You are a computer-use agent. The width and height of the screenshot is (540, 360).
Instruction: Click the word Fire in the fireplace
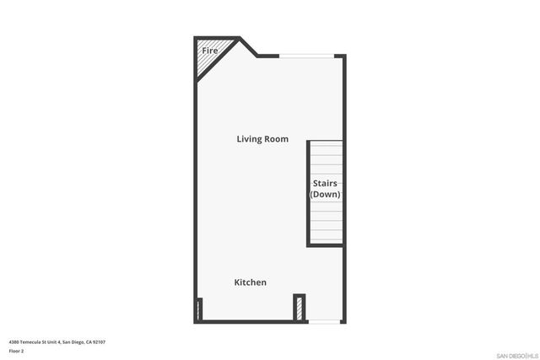[x=209, y=51]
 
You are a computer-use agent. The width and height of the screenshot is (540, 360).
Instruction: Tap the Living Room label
[x=262, y=139]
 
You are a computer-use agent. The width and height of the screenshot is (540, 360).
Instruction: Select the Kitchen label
[x=250, y=282]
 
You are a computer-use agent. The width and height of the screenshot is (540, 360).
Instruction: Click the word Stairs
[x=326, y=183]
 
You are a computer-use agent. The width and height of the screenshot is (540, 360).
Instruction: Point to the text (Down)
[x=325, y=195]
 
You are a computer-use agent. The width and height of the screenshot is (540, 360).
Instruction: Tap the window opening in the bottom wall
[x=324, y=320]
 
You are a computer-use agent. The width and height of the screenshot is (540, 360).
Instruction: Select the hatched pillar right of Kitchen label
[x=299, y=308]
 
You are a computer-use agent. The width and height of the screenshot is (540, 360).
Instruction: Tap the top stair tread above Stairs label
[x=326, y=145]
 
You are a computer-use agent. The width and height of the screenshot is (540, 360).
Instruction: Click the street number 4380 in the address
[x=14, y=341]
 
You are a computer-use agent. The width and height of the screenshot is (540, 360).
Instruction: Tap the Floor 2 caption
[x=16, y=350]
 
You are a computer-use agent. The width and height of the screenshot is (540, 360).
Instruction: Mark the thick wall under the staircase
[x=326, y=245]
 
